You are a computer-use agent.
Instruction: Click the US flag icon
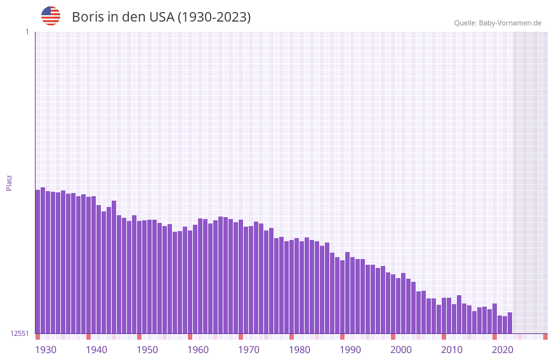click(51, 16)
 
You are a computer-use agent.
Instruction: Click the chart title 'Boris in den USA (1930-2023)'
click(161, 17)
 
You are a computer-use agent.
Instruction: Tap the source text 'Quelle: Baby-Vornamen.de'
click(498, 23)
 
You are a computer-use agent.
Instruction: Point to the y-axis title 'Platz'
click(9, 182)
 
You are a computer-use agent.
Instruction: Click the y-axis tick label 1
click(27, 32)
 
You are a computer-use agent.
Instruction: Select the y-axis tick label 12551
click(20, 333)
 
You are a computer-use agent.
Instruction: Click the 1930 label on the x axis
click(46, 350)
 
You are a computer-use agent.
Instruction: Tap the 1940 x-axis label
click(96, 350)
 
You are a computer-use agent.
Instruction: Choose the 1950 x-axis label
click(147, 350)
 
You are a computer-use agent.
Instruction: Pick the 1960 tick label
click(198, 350)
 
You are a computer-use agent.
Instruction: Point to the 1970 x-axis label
click(249, 350)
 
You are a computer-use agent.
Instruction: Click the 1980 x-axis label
click(300, 350)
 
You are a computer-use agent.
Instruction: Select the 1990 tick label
click(350, 350)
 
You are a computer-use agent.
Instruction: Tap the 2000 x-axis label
click(401, 350)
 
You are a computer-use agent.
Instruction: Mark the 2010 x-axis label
click(452, 350)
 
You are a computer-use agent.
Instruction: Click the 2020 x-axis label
click(503, 350)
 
